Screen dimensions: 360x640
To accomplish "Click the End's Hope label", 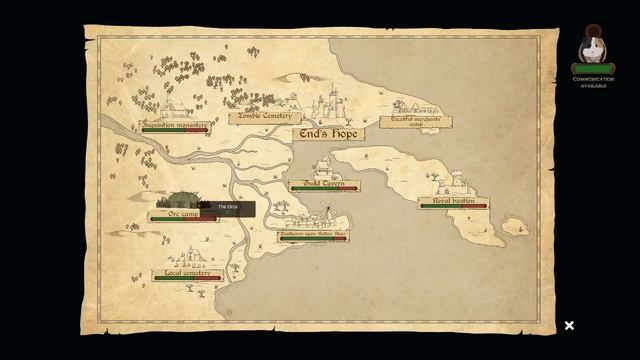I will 328,134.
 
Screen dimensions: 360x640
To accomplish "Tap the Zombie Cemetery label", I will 264,117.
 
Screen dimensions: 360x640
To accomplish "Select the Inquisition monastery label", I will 175,125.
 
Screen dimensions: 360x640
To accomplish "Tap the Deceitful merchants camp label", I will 414,121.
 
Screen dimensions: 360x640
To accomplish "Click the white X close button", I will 569,325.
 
